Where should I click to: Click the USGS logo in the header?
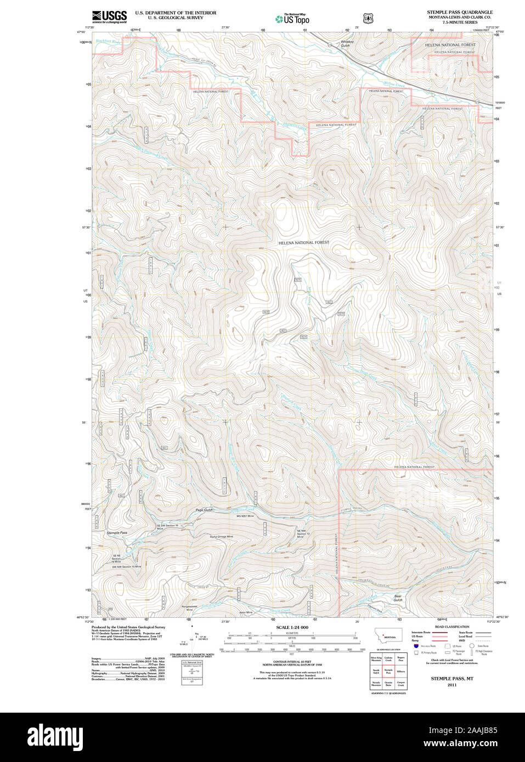click(109, 16)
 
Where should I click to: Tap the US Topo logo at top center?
click(292, 18)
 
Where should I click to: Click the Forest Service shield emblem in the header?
click(368, 18)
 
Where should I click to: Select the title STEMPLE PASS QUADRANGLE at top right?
click(460, 12)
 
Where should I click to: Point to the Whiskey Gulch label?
click(347, 43)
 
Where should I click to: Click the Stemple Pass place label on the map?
click(116, 532)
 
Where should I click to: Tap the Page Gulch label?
click(204, 510)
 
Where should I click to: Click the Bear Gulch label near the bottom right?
click(398, 598)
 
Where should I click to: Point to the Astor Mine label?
click(245, 612)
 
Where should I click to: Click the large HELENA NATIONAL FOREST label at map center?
click(303, 242)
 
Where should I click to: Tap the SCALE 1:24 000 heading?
click(292, 627)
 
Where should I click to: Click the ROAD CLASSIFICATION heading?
click(451, 627)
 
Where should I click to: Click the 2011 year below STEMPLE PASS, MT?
click(451, 685)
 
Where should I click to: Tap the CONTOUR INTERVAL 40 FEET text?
click(292, 662)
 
